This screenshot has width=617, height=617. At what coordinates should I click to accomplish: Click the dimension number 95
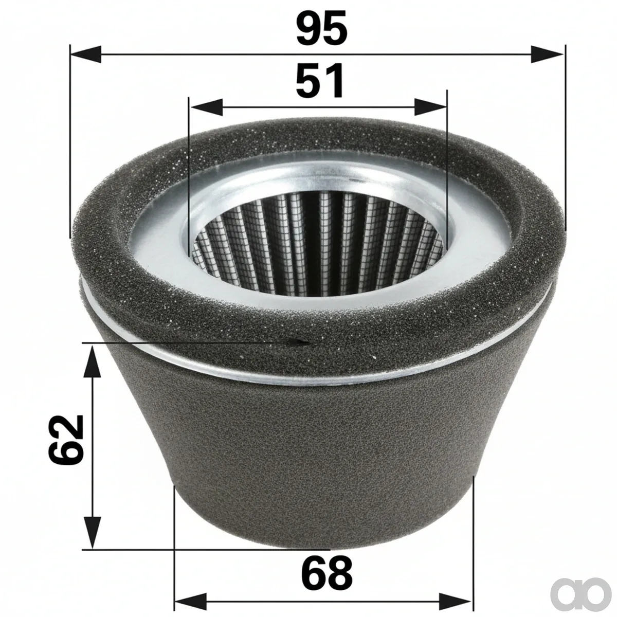coord(321,28)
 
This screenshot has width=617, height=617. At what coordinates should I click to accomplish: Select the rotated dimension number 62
coord(66,440)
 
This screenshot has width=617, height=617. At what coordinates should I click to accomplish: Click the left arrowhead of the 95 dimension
coord(85,55)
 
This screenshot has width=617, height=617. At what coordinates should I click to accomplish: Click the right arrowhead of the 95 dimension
coord(547,55)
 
